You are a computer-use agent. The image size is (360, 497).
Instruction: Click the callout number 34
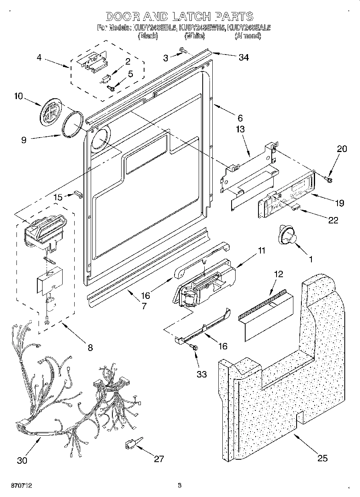point(243,57)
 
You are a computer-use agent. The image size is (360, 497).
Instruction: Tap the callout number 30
point(22,460)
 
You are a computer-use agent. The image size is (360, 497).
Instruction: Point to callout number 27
point(159,459)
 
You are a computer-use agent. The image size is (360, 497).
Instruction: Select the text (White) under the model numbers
point(195,36)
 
